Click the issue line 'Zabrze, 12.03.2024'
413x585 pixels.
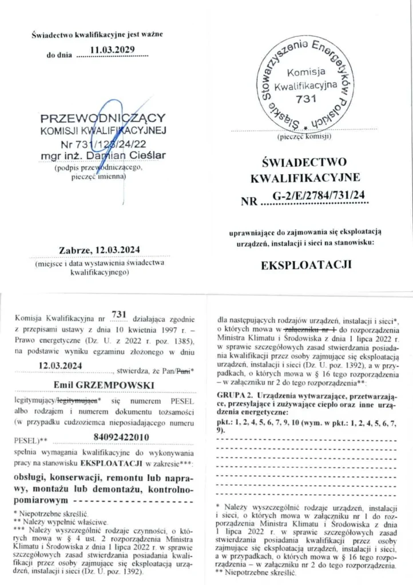click(100, 250)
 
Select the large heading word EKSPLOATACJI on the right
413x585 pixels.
click(305, 265)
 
